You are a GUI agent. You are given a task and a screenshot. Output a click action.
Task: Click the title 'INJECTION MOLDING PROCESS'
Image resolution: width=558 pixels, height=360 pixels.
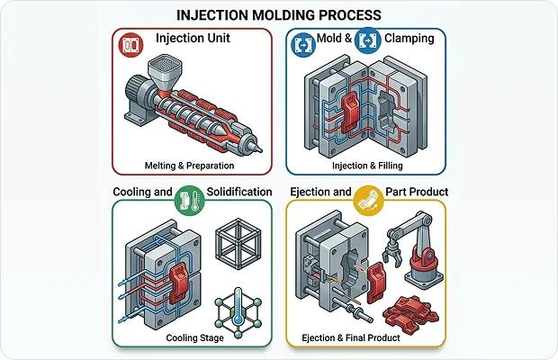(279, 15)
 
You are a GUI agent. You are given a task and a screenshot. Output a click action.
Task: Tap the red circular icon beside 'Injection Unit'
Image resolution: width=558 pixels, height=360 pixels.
(130, 45)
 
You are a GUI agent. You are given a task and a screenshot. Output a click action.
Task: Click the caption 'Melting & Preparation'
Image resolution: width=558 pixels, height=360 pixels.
(189, 166)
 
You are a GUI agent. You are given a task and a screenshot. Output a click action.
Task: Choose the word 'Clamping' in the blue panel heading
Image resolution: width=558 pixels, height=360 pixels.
(409, 39)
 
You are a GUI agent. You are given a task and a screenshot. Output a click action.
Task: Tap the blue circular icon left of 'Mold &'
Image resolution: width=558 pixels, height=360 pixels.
(303, 45)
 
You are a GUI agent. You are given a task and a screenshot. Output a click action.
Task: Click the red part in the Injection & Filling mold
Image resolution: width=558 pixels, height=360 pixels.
(350, 111)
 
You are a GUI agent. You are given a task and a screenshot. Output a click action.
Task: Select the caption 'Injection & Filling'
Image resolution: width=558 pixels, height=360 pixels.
(367, 166)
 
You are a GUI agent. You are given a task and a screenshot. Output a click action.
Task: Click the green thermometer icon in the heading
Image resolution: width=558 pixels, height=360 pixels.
(189, 201)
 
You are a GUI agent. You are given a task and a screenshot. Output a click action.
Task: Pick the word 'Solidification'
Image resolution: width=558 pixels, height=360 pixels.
(239, 192)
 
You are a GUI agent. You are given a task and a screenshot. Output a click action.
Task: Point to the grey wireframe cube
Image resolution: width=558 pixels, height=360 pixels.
(238, 244)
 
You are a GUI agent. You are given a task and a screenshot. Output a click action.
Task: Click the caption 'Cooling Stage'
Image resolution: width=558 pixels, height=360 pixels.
(195, 337)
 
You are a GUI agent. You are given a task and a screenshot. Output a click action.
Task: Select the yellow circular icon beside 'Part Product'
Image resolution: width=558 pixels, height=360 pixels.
(369, 201)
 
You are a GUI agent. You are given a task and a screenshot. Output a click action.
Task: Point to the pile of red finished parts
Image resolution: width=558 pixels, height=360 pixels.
(410, 311)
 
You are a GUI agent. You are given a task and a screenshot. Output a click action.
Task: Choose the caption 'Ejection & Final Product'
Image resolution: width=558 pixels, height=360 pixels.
(351, 337)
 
